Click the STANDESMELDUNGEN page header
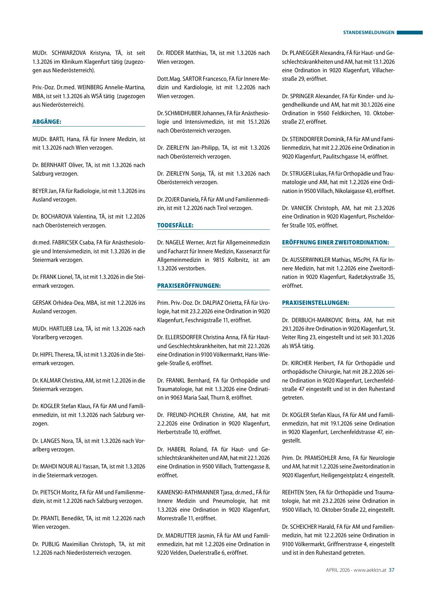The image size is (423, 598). [x=368, y=33]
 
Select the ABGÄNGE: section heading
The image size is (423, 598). [x=47, y=122]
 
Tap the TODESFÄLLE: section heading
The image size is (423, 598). [x=175, y=225]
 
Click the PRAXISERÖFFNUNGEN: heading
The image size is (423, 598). [x=189, y=286]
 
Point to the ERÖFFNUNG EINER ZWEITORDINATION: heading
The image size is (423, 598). [x=335, y=242]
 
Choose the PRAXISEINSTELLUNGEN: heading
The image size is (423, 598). [x=316, y=303]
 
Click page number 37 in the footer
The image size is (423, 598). [x=392, y=570]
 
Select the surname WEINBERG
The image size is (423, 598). [x=92, y=88]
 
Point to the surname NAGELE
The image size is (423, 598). [x=175, y=243]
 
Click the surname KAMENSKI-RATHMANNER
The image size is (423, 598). [x=188, y=492]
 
